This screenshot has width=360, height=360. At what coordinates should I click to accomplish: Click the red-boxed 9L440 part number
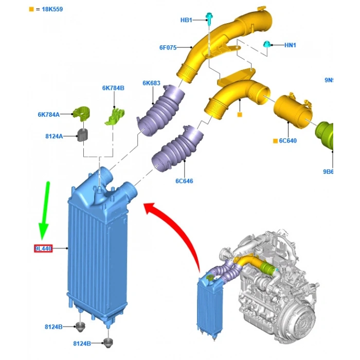[x=43, y=249]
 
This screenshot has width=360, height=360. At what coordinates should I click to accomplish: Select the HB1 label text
[x=186, y=20]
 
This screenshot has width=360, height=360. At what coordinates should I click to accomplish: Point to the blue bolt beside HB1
[x=210, y=18]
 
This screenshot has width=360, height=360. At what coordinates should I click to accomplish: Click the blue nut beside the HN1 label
[x=267, y=44]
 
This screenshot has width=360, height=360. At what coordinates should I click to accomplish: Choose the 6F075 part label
[x=168, y=48]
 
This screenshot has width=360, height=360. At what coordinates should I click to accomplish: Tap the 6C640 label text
[x=288, y=140]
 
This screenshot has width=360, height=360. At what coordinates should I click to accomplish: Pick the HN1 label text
[x=290, y=45]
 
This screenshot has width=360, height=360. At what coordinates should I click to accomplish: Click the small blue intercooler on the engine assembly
[x=207, y=303]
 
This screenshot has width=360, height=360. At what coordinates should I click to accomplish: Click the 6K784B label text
[x=113, y=88]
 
